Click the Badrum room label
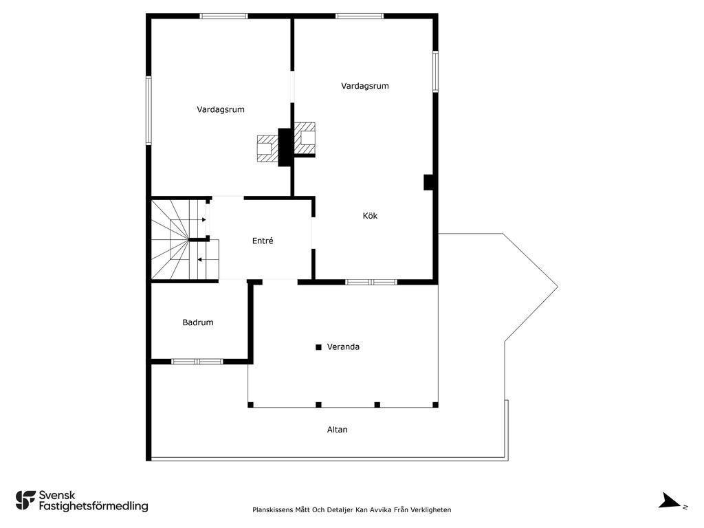tap(197, 322)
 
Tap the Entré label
tap(263, 241)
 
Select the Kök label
tap(370, 215)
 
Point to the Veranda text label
tap(343, 346)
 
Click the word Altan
tap(337, 430)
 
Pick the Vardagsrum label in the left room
tap(221, 109)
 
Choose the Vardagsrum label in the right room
tap(365, 86)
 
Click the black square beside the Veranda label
tap(318, 347)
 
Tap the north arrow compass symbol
tap(670, 500)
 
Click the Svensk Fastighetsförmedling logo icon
tap(25, 500)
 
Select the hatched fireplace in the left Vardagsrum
tap(267, 148)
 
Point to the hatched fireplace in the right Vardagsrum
tap(305, 139)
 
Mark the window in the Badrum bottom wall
tap(197, 362)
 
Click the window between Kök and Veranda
tap(371, 283)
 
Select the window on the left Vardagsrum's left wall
tap(148, 111)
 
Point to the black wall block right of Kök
tap(428, 182)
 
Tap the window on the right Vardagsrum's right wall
tap(435, 71)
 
